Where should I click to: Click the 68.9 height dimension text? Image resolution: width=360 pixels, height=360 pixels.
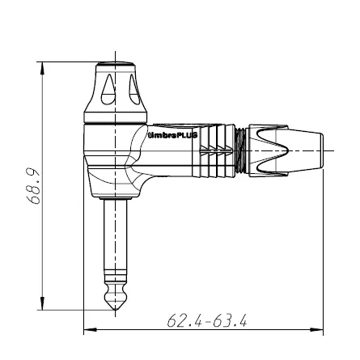(x=33, y=186)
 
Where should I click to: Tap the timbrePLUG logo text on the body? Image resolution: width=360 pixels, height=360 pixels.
(x=172, y=137)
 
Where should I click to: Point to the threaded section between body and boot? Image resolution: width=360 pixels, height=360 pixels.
(x=243, y=150)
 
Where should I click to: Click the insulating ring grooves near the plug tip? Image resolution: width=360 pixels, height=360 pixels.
(x=114, y=283)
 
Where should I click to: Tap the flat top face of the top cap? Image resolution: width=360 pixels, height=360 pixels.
(x=114, y=63)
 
